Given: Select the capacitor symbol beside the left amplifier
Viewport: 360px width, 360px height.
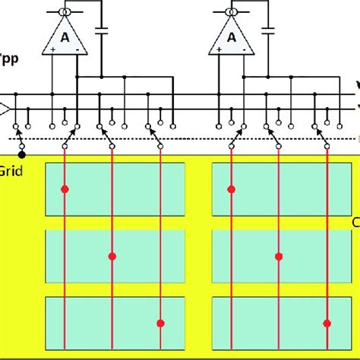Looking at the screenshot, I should (100, 31).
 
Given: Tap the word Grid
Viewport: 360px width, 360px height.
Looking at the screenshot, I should (12, 172).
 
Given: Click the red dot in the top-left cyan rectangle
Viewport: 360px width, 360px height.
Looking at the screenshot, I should (65, 188).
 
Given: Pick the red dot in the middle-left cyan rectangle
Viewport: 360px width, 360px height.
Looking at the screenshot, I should (112, 257).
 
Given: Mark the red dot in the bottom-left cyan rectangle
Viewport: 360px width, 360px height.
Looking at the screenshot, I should (160, 324).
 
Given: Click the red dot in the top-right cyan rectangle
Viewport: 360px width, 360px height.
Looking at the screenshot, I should (231, 188).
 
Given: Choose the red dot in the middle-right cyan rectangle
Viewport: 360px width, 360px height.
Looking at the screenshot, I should (279, 257).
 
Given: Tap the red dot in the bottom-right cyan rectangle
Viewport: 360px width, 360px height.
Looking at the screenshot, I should (327, 324).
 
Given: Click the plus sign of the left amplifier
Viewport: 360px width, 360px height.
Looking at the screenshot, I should (52, 49).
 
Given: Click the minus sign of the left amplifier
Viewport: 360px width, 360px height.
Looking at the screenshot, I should (77, 49).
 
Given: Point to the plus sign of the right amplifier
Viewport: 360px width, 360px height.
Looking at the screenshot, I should (219, 49).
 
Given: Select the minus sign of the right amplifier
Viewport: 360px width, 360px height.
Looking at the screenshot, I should (243, 49).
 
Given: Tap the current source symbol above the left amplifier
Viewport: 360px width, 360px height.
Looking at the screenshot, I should (65, 13).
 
